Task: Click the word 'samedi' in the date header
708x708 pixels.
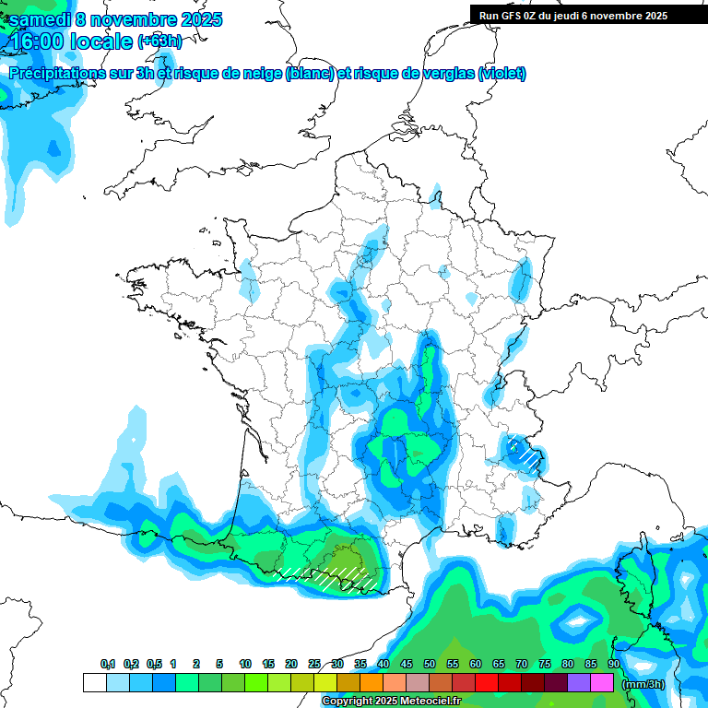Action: (x=40, y=19)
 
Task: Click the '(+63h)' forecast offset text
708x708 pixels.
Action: (x=159, y=41)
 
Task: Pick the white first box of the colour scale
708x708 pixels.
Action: (x=94, y=683)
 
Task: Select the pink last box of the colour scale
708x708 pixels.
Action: (x=602, y=683)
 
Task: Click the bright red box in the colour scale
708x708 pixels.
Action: (x=487, y=683)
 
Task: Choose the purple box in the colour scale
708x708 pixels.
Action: (x=579, y=683)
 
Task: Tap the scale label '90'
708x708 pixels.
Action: (x=613, y=664)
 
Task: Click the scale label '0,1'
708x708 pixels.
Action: (x=108, y=664)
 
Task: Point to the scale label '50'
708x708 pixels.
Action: (x=430, y=664)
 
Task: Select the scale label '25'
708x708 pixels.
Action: (x=314, y=664)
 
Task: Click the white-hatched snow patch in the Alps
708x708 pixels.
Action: (x=526, y=453)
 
